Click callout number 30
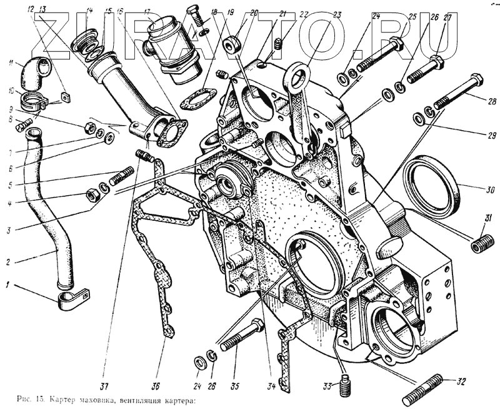tap(472, 189)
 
